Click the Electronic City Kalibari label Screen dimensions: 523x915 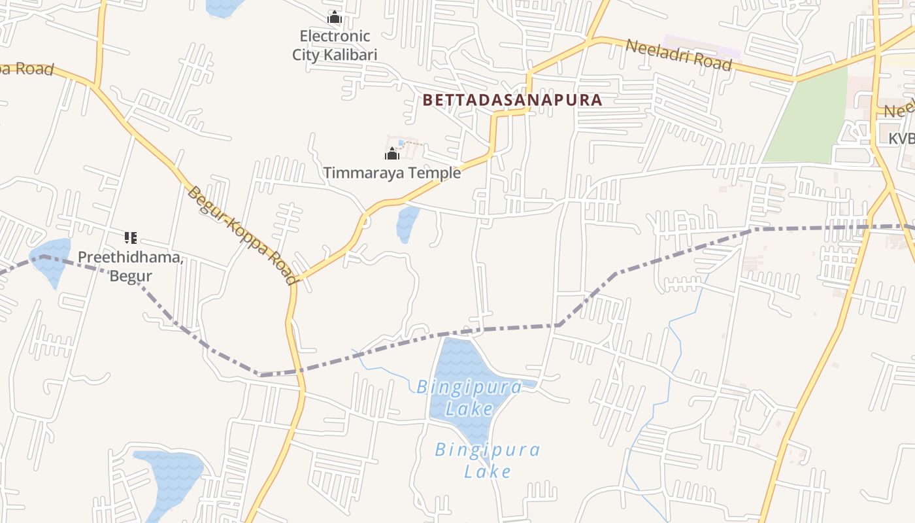coord(335,45)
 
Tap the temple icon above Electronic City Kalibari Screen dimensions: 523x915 coord(335,17)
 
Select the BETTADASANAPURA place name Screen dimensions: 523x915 coord(512,100)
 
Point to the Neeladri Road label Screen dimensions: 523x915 coord(678,55)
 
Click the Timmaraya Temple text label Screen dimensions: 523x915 coord(391,173)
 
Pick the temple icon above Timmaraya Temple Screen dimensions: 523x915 coord(392,154)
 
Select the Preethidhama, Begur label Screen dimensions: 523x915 coord(131,266)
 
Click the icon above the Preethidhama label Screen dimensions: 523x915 coord(131,237)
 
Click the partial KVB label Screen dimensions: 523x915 coord(901,139)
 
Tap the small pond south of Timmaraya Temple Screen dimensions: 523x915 coord(407,224)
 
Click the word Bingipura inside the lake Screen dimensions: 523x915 coord(469,388)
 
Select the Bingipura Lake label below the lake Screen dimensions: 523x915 coord(488,460)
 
